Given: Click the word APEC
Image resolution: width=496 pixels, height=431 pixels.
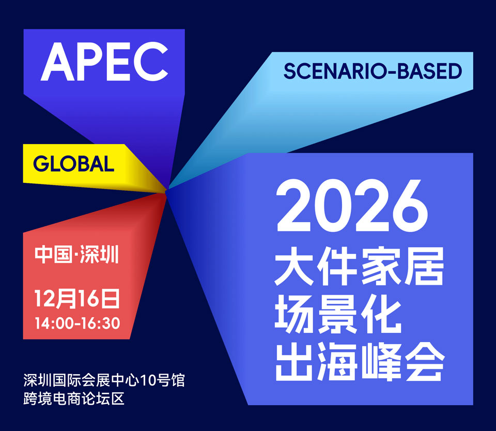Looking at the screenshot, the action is pos(104,61).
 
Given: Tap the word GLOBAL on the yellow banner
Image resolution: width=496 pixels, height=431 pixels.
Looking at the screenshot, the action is pos(73,164).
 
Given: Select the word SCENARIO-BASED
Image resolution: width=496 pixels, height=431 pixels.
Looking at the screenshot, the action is pos(373,71).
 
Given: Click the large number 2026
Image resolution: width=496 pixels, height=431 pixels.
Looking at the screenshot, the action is pos(352,206).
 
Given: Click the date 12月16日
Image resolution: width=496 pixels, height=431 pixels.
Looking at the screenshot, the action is pos(77,298).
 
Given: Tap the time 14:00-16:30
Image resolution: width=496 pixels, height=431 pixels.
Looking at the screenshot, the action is pos(77,323).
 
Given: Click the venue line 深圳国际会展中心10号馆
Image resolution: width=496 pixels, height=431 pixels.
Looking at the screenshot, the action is pos(104,380).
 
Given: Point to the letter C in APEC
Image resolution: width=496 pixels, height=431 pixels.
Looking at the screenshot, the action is pos(150,61).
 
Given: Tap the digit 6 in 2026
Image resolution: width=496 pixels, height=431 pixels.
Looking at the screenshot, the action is pos(410,206).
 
